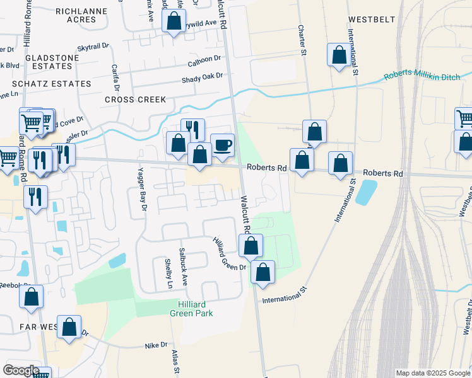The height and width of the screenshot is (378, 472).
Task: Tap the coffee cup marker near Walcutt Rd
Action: [x=222, y=146]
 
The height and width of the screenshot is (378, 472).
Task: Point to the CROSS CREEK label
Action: [x=135, y=100]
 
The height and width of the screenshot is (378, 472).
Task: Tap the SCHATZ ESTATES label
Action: [x=51, y=83]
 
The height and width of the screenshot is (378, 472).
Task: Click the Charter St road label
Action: [x=302, y=39]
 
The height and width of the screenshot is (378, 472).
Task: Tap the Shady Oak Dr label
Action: [x=203, y=76]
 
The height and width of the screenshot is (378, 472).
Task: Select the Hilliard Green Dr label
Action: [x=230, y=254]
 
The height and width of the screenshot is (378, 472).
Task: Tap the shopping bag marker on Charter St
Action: [x=314, y=132]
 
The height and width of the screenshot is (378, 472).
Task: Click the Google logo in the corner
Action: [x=21, y=370]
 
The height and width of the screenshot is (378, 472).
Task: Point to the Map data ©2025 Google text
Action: [x=433, y=373]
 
